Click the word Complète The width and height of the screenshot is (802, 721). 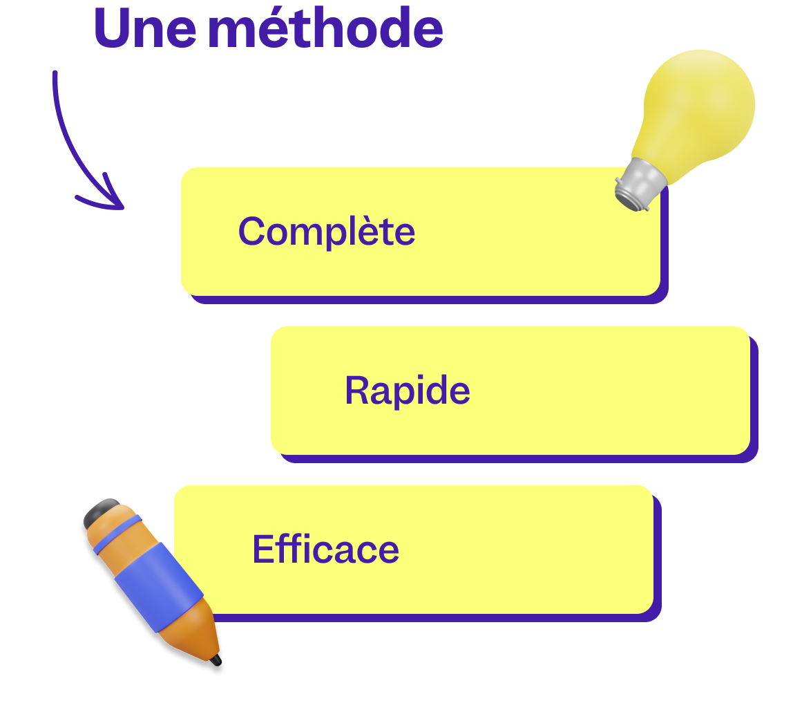[x=327, y=232]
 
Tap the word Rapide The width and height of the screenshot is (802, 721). [x=407, y=391]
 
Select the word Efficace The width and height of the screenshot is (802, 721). [x=325, y=550]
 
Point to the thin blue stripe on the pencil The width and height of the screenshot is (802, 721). [x=119, y=533]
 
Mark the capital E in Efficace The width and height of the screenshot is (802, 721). [x=262, y=550]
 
